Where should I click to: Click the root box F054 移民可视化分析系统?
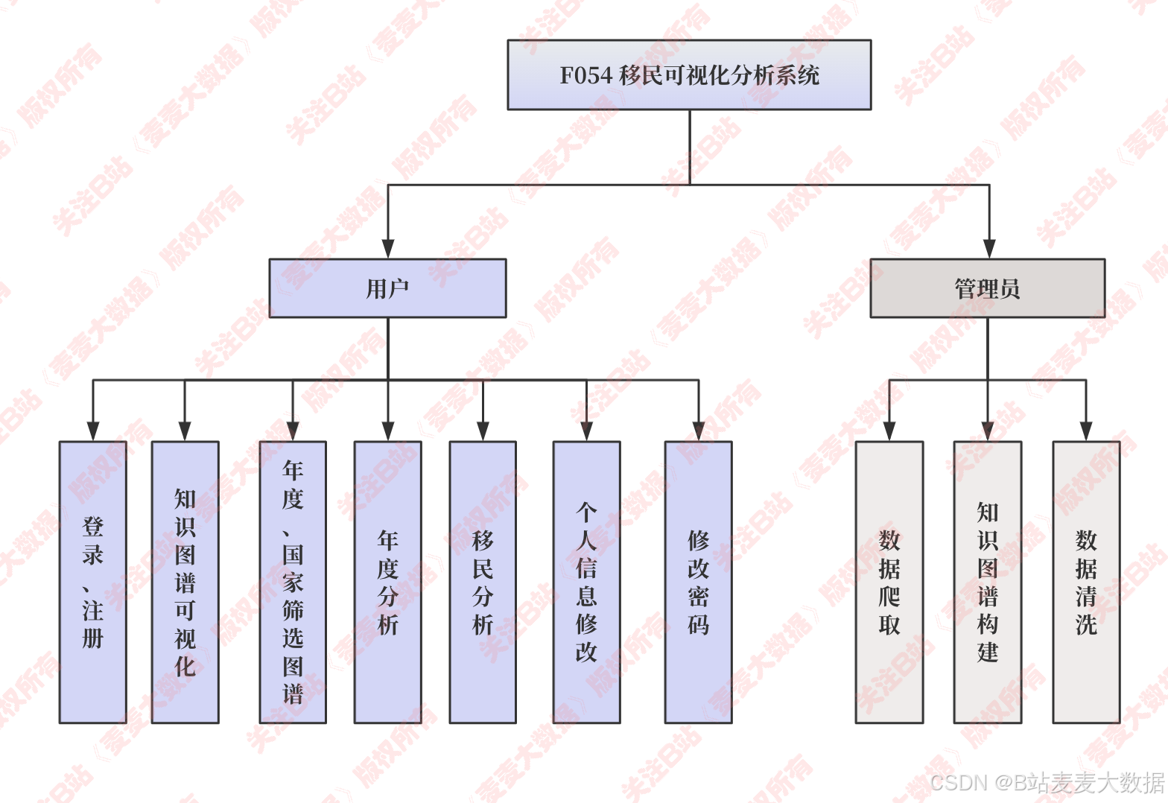pos(689,75)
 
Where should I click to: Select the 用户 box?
pos(387,288)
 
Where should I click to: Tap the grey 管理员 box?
pos(987,288)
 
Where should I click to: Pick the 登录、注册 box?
pos(93,582)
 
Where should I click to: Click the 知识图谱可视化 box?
pos(185,582)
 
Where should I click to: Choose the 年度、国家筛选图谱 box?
pos(293,582)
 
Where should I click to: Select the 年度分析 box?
pos(387,582)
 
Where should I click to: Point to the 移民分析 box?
pos(483,582)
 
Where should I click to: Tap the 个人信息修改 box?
pos(586,582)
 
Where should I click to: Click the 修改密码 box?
pos(698,582)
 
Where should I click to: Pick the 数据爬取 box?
pos(889,582)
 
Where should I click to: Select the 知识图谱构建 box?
pos(988,582)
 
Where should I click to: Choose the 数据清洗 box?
pos(1086,582)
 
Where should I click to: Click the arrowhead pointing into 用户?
pos(387,249)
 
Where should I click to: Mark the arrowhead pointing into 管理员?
pos(989,249)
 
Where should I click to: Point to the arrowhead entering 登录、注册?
pos(93,431)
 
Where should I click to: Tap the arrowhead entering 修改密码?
pos(698,431)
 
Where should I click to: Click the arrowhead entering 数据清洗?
pos(1086,431)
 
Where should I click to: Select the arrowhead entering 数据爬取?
pos(889,431)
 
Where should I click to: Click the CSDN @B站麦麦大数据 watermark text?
pos(1047,782)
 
